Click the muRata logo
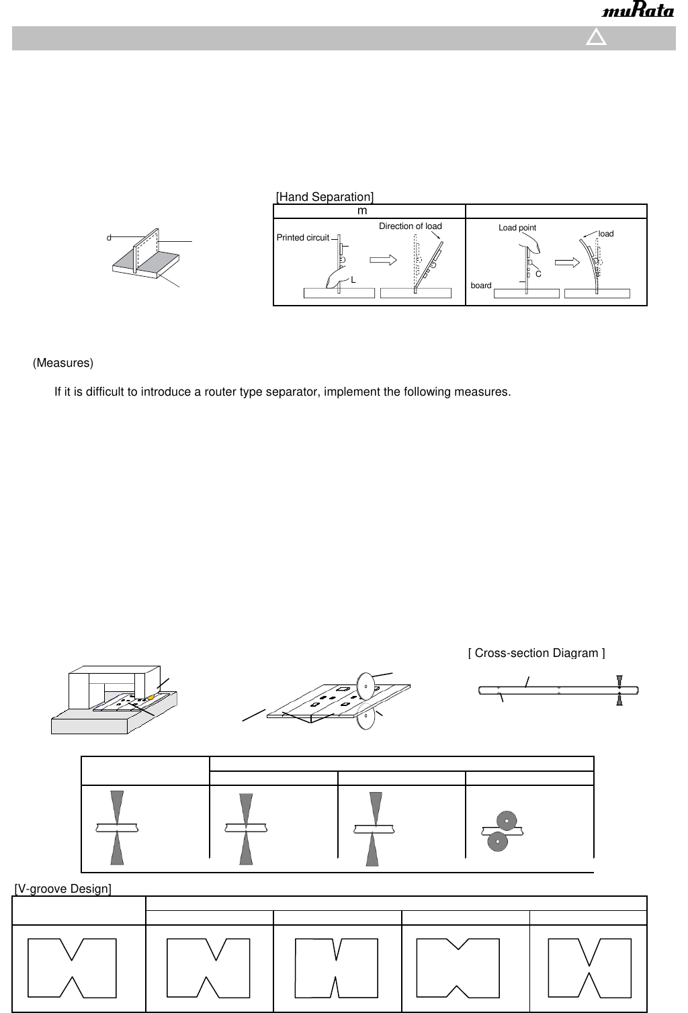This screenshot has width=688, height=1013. (x=638, y=11)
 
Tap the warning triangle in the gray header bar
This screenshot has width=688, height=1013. (x=596, y=38)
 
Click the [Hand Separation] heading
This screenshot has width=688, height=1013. (x=325, y=197)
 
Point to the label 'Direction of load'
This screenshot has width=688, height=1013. (x=410, y=226)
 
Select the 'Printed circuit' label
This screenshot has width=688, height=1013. (x=303, y=238)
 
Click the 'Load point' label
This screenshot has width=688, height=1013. (x=517, y=228)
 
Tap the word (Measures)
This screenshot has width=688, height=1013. (x=63, y=363)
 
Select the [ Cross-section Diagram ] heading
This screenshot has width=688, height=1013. (x=536, y=653)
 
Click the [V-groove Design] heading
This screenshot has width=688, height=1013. (x=62, y=889)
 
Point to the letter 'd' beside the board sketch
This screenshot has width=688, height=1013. (x=108, y=238)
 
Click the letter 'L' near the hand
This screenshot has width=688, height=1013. (x=353, y=279)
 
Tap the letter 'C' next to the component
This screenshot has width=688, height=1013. (x=538, y=273)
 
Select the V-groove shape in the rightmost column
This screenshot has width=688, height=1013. (x=589, y=967)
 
